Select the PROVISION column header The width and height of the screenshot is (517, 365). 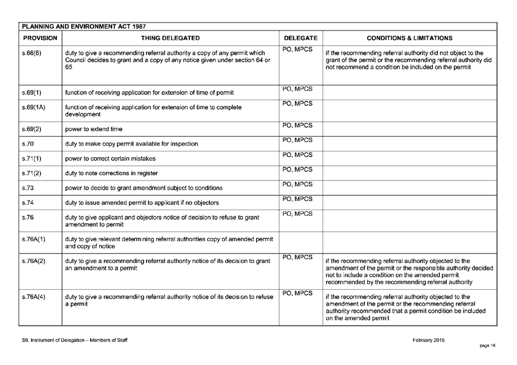click(x=39, y=38)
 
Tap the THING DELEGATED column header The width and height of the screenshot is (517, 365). click(x=170, y=38)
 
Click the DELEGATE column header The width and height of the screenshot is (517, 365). click(x=300, y=38)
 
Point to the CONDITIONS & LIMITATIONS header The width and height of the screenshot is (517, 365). click(x=409, y=38)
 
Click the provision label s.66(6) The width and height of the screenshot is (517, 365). click(x=30, y=53)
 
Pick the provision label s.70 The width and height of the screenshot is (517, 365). click(x=27, y=143)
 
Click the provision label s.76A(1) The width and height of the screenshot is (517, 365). click(x=34, y=239)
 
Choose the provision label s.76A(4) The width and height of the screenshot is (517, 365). click(x=34, y=297)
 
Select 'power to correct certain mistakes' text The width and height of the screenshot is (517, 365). click(x=110, y=158)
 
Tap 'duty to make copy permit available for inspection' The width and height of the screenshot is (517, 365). click(x=132, y=144)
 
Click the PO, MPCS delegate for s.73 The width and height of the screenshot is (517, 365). click(x=298, y=184)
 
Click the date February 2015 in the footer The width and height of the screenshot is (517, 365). click(x=428, y=340)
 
